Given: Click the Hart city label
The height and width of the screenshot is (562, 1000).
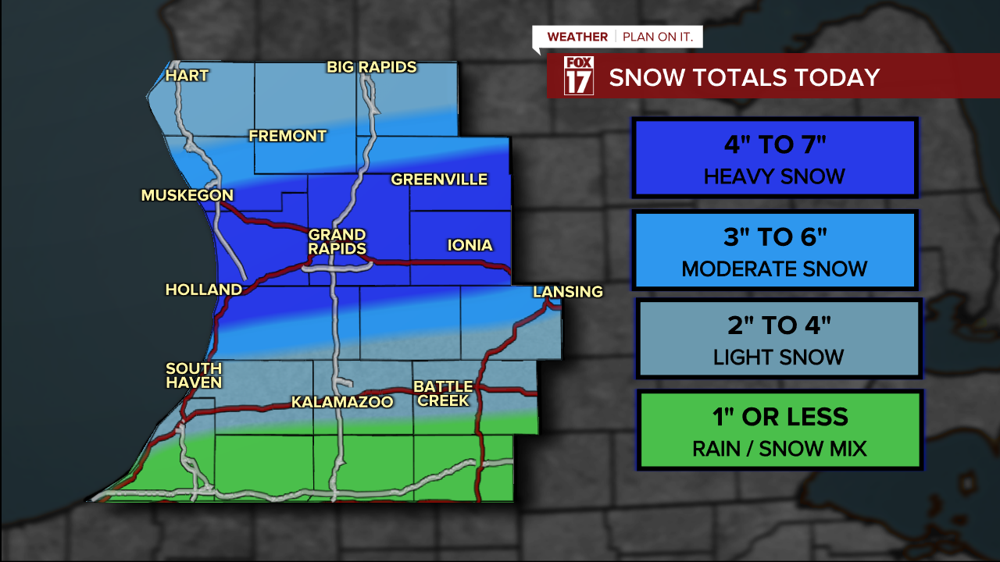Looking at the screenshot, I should (187, 76).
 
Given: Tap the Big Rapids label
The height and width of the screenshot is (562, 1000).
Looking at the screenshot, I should (372, 67).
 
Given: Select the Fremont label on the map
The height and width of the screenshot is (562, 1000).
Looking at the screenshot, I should (287, 136).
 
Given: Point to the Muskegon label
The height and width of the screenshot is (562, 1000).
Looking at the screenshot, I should (187, 195).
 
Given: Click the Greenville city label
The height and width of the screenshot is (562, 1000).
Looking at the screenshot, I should (439, 180).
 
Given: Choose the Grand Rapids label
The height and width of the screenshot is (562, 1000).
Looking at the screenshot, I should (337, 241).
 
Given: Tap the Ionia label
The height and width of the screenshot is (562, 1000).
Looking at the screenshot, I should (470, 245).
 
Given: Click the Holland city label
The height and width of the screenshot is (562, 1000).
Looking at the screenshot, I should (204, 290).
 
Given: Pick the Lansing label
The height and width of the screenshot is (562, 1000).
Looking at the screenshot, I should (568, 292).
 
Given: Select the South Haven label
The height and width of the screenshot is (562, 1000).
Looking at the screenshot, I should (194, 375).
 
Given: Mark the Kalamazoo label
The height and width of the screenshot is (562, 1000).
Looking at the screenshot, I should (341, 402).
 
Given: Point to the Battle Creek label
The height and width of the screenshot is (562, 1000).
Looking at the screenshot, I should (443, 393).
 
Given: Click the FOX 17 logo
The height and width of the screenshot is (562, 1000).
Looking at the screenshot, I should (579, 76).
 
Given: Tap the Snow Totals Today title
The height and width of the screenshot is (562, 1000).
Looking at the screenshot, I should (744, 77).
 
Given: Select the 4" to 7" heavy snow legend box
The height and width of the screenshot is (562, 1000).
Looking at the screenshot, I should (774, 157).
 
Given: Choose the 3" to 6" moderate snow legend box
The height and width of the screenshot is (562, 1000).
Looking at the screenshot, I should (774, 250).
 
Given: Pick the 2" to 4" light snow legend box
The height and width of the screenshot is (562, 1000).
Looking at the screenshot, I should (778, 339).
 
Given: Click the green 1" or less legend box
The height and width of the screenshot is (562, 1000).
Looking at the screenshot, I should (780, 429).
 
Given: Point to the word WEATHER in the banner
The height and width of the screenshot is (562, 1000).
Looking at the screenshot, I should (577, 37).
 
